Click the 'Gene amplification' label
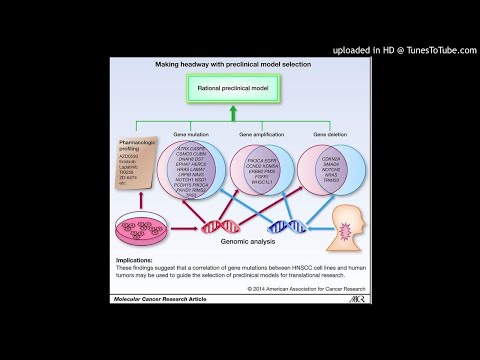[253, 133]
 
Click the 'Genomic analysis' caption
[241, 240]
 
